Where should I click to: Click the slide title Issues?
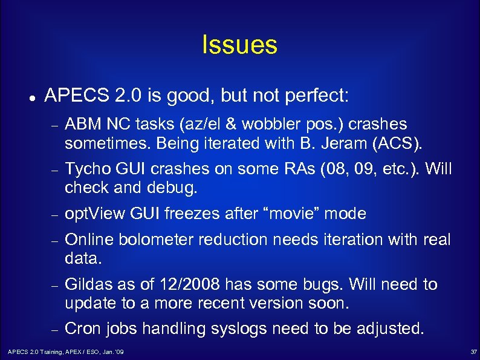click(239, 45)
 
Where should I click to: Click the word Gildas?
click(88, 284)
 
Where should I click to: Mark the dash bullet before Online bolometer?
click(53, 240)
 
